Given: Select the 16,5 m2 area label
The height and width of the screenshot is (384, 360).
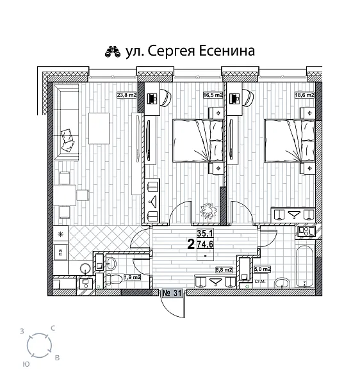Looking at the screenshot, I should point(213,95).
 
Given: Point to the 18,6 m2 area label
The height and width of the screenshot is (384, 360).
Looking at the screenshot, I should point(304,95).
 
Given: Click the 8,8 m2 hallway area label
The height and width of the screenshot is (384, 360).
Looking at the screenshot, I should point(222,270).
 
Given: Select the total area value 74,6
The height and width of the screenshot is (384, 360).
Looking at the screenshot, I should point(205,244).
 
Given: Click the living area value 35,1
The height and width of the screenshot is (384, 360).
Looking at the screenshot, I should point(205,234).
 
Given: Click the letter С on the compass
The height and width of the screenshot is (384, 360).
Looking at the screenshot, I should point(53,328).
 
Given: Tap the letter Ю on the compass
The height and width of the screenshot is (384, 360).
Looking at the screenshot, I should point(26,363).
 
